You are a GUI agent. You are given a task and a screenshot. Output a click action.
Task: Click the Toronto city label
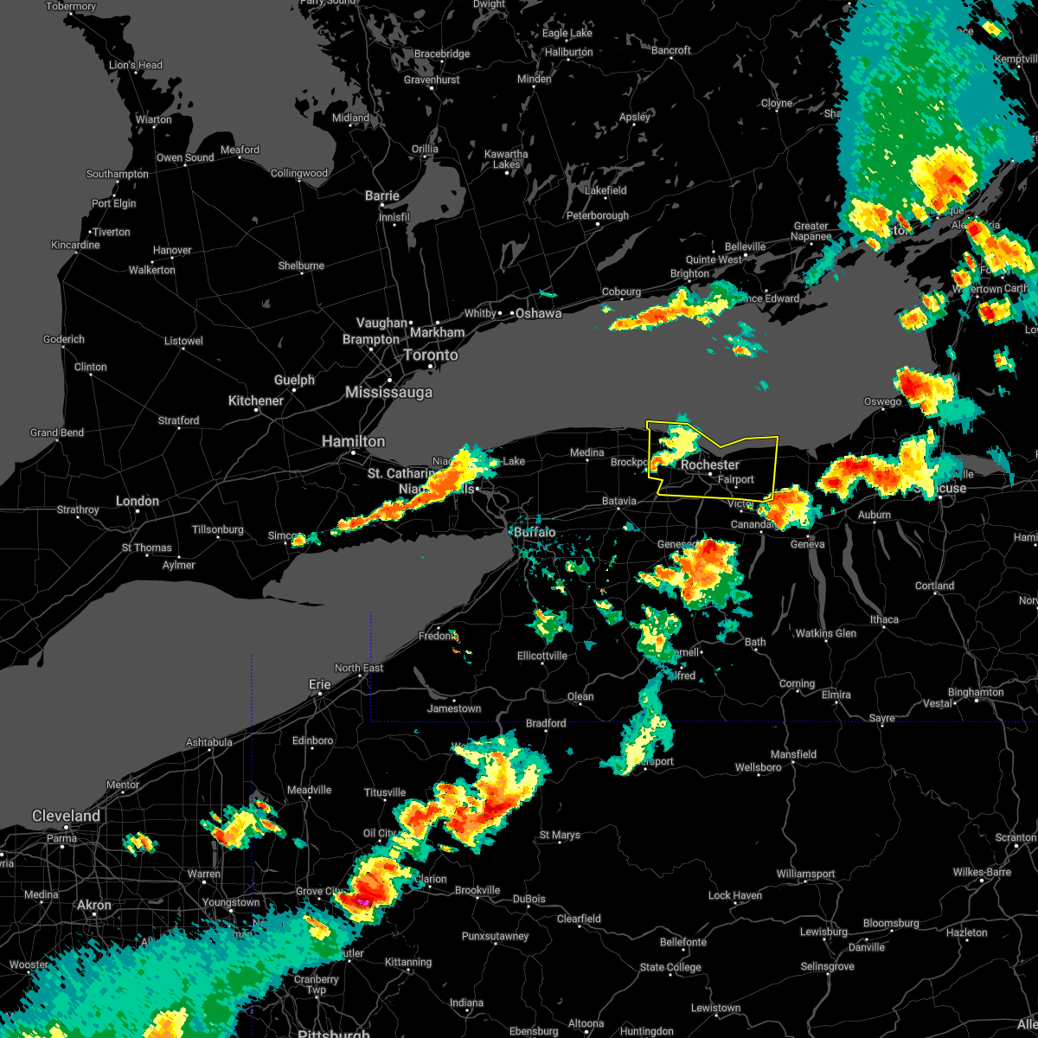(x=430, y=356)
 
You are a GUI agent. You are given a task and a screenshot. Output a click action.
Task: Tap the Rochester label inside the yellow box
(x=709, y=465)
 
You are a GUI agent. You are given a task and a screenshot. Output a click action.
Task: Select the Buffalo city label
(x=535, y=532)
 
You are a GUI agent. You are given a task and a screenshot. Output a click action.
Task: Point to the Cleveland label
(x=66, y=816)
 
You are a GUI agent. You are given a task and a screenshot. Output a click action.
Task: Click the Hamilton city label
(x=353, y=442)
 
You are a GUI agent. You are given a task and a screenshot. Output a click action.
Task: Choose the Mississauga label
(x=388, y=393)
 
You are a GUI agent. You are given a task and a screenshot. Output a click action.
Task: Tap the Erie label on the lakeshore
(x=320, y=684)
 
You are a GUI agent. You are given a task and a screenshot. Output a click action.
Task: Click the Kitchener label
(x=255, y=400)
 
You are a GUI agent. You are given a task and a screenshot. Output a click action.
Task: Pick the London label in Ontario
(x=138, y=501)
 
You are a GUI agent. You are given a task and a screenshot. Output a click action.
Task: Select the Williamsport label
(x=805, y=875)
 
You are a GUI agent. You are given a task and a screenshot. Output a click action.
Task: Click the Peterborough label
(x=598, y=216)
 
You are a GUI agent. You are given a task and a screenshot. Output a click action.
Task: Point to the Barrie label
(x=381, y=196)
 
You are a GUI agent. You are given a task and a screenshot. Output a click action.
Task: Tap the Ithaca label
(x=884, y=620)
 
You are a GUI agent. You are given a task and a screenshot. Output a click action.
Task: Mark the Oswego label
(x=882, y=402)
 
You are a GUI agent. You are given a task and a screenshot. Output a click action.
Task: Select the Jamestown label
(x=454, y=709)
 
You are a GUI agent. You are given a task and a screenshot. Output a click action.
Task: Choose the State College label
(x=670, y=967)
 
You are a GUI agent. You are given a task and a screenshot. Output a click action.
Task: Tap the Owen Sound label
(x=185, y=158)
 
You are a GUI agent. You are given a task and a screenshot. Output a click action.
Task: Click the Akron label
(x=94, y=905)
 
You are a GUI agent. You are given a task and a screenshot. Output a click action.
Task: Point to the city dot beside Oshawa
(x=510, y=313)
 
